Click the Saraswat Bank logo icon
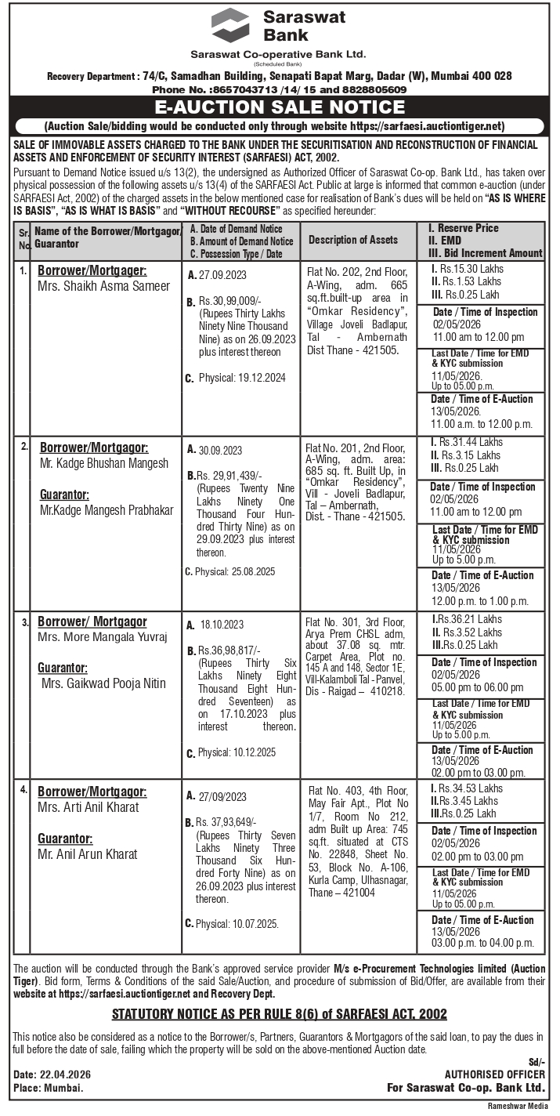click(230, 25)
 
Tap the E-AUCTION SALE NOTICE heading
click(280, 107)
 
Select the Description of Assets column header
click(352, 240)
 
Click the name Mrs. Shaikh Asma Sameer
click(103, 286)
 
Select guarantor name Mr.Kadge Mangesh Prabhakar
click(106, 510)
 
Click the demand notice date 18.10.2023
click(222, 625)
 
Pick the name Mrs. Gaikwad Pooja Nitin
click(104, 683)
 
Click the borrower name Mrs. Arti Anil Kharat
click(89, 807)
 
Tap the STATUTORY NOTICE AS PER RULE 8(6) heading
click(280, 1014)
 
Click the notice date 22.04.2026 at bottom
click(62, 1074)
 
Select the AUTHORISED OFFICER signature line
click(494, 1074)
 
